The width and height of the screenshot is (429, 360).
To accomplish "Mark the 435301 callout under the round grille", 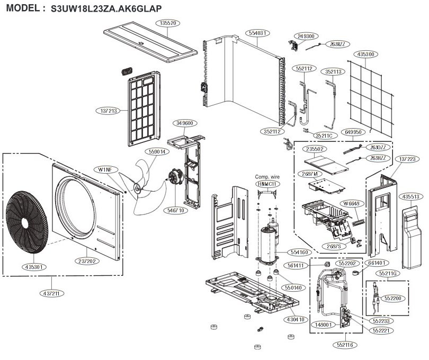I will pos(34,267).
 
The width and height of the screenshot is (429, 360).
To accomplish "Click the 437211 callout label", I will pos(51,293).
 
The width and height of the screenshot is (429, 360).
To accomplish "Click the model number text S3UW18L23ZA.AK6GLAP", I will pos(106,9).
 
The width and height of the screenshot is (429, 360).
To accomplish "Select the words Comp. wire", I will pos(267,176).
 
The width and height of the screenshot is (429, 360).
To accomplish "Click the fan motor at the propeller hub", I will pos(174,178).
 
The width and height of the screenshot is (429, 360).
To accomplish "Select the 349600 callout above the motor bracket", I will pos(186,123).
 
